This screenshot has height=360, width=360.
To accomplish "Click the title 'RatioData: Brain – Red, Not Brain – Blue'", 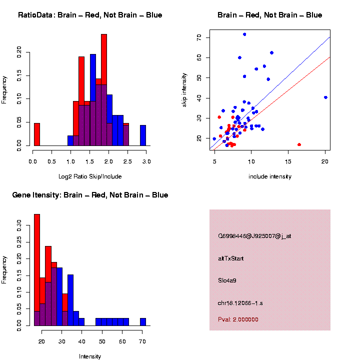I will pyautogui.click(x=90, y=15).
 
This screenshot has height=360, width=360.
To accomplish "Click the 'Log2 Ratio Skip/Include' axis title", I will pyautogui.click(x=89, y=176).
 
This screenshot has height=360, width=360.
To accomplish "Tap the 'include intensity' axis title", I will pyautogui.click(x=270, y=176).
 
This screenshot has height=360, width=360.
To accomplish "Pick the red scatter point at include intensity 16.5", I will pyautogui.click(x=299, y=144).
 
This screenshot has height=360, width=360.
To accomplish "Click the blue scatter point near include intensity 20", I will pyautogui.click(x=325, y=97).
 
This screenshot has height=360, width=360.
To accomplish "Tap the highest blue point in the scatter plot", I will pyautogui.click(x=244, y=34).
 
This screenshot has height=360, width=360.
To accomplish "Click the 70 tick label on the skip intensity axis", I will pyautogui.click(x=199, y=37).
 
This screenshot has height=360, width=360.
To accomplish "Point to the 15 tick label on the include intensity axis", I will pyautogui.click(x=288, y=161).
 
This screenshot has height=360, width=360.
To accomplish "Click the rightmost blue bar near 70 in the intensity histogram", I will pyautogui.click(x=143, y=321).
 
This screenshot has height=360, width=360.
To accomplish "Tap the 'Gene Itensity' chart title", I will pyautogui.click(x=90, y=195).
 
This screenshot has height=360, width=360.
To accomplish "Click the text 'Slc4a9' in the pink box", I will pyautogui.click(x=227, y=280).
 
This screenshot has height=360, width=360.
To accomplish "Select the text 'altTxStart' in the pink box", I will pyautogui.click(x=231, y=258).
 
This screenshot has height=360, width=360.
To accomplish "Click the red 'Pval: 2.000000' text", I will pyautogui.click(x=238, y=319).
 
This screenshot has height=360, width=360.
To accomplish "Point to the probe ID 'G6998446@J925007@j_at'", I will pyautogui.click(x=254, y=236).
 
